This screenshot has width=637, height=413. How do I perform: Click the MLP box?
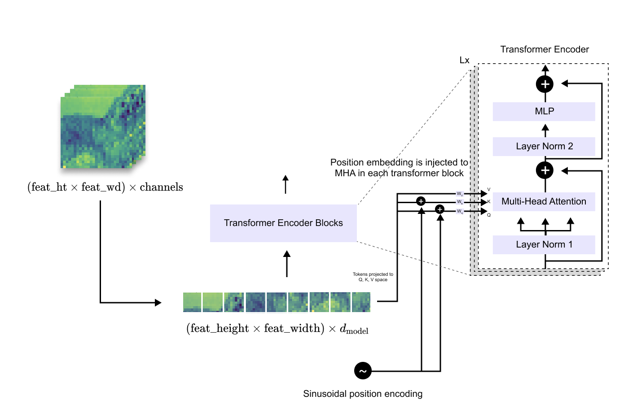point(544,111)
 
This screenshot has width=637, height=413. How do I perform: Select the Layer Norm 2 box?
point(544,146)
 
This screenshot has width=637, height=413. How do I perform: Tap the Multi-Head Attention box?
point(544,201)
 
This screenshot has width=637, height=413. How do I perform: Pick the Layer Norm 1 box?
point(544,244)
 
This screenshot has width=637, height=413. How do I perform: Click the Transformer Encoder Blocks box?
point(283,223)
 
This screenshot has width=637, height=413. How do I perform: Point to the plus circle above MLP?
point(545,84)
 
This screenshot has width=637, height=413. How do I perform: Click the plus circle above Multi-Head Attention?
point(545,170)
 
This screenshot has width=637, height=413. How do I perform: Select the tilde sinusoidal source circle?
point(363,371)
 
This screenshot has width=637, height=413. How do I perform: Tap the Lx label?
point(464,61)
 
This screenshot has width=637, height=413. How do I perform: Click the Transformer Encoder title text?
point(544,49)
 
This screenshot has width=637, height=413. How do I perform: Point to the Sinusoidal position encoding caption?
point(363,394)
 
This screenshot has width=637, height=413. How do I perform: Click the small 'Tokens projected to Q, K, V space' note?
point(373,277)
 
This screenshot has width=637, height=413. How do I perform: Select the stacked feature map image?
point(103,126)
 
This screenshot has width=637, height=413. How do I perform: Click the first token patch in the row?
point(192,302)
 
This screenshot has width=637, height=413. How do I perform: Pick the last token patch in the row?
point(361,302)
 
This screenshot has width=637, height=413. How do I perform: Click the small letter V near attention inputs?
point(489,189)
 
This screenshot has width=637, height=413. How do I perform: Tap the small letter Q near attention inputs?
point(489,215)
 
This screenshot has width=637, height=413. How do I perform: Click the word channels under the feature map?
point(161,187)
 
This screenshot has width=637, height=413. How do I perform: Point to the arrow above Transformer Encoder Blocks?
point(286,184)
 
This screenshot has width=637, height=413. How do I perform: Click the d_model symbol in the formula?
point(354,329)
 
